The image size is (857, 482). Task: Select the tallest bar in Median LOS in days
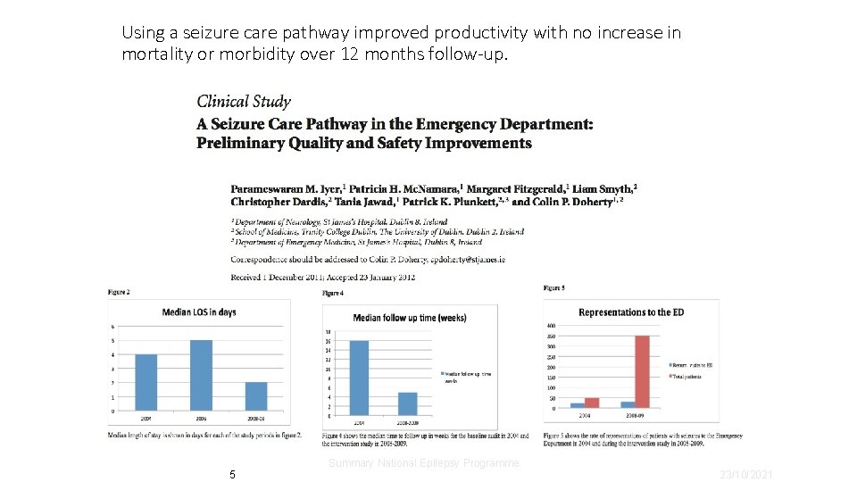point(201,375)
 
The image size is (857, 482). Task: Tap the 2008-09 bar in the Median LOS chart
point(255,396)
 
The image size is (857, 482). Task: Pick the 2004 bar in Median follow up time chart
point(359,378)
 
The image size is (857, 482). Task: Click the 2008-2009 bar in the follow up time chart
point(407,403)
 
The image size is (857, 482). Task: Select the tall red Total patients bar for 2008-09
point(642,371)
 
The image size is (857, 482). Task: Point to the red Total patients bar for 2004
point(592,403)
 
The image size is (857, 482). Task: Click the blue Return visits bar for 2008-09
point(628,404)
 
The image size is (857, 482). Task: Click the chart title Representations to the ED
point(631,312)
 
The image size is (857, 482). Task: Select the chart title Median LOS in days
point(198,312)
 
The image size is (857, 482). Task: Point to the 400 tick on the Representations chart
point(551,326)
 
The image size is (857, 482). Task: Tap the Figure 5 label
point(553,288)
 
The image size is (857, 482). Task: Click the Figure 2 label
point(118,292)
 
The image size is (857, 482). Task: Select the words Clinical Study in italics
point(243,102)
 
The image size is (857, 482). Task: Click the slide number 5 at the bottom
point(232,474)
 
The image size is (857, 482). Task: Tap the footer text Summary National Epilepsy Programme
point(423,463)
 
